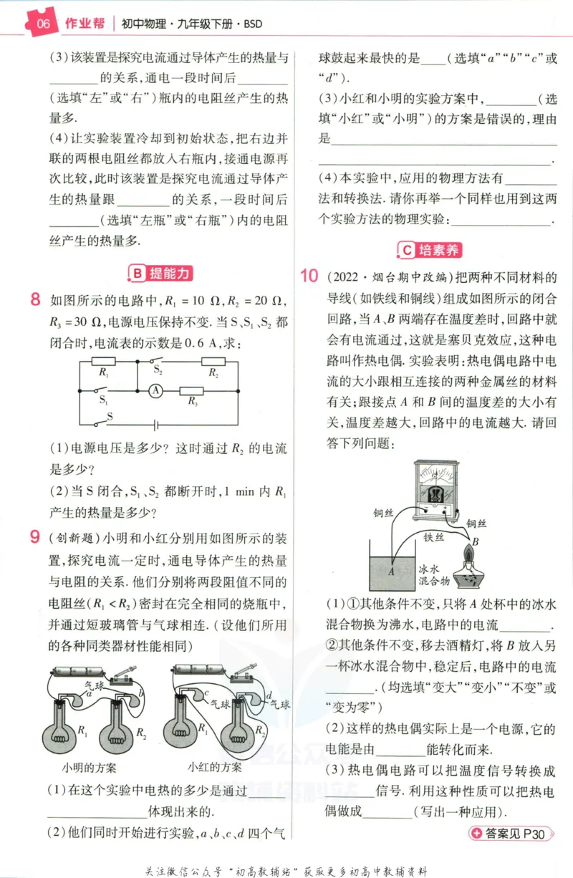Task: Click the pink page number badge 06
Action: pos(42,23)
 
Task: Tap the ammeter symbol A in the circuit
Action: pos(155,391)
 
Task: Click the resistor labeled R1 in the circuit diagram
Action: pos(103,362)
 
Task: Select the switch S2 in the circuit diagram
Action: pos(157,362)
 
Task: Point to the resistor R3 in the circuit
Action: pos(191,391)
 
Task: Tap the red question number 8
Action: pos(35,299)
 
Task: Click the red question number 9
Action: pos(35,536)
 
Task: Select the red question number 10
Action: pos(309,276)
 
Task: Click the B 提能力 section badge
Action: pos(160,273)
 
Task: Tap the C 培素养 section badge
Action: pos(430,250)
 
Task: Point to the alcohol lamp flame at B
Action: pos(468,554)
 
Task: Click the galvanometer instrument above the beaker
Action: pos(436,491)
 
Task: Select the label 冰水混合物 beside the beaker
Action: pos(434,575)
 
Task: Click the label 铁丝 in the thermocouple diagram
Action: pos(433,537)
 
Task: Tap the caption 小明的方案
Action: pos(89,768)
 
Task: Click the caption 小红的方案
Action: pos(214,767)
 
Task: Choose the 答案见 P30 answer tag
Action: pos(511,834)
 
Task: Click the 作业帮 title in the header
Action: pos(85,24)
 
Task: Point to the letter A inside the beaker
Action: pos(391,571)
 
